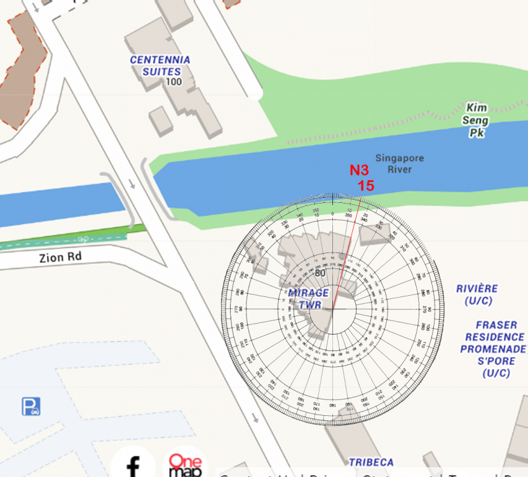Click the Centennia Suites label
160,66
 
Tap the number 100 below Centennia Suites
173,82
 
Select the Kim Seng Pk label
477,120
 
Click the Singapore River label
399,163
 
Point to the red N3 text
359,170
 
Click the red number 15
365,186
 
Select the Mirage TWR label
309,298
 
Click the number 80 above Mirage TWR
320,273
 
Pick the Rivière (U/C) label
477,294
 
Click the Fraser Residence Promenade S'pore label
493,349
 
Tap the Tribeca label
370,462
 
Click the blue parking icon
31,406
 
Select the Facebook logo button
133,464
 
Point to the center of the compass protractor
332,308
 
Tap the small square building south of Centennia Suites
161,120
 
